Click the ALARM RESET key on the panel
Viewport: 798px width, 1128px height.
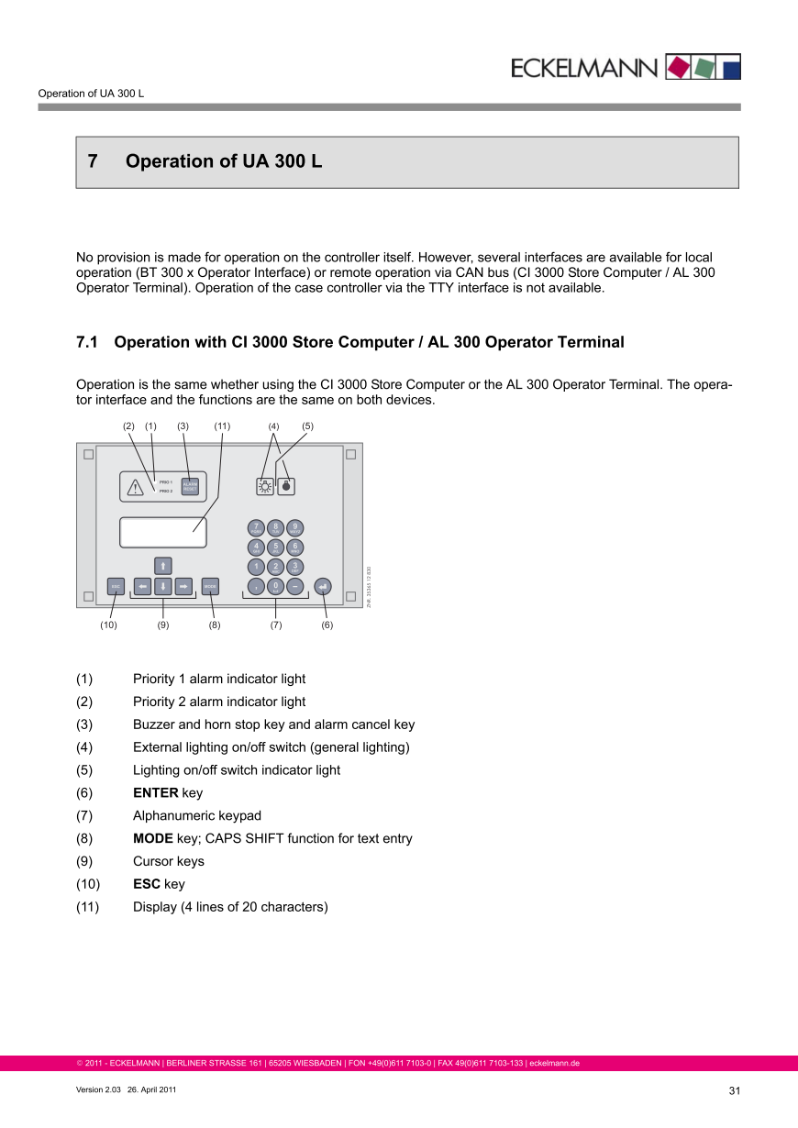click(x=190, y=487)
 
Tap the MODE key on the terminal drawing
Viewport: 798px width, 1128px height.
click(x=210, y=585)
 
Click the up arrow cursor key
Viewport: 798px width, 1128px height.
click(x=162, y=565)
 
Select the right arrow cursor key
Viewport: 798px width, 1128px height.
click(x=184, y=585)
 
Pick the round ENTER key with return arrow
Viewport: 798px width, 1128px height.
click(x=322, y=585)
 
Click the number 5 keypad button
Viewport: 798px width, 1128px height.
click(x=275, y=547)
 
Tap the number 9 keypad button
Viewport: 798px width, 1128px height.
click(x=294, y=527)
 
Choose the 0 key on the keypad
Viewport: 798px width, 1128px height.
click(x=275, y=585)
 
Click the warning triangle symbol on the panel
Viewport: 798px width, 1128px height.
click(x=136, y=487)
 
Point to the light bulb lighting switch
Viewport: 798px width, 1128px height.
click(x=264, y=487)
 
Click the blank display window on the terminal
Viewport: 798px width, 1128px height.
click(x=162, y=533)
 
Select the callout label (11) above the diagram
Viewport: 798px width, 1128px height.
click(x=222, y=426)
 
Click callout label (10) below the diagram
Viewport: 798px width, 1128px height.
click(x=109, y=625)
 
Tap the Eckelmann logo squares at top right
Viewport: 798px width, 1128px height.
click(x=703, y=67)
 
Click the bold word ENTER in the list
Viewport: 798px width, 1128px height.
click(x=156, y=793)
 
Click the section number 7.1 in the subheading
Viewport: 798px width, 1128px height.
click(x=87, y=343)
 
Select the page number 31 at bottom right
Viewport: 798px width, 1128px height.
click(x=734, y=1090)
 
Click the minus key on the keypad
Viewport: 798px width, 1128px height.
click(x=294, y=585)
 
